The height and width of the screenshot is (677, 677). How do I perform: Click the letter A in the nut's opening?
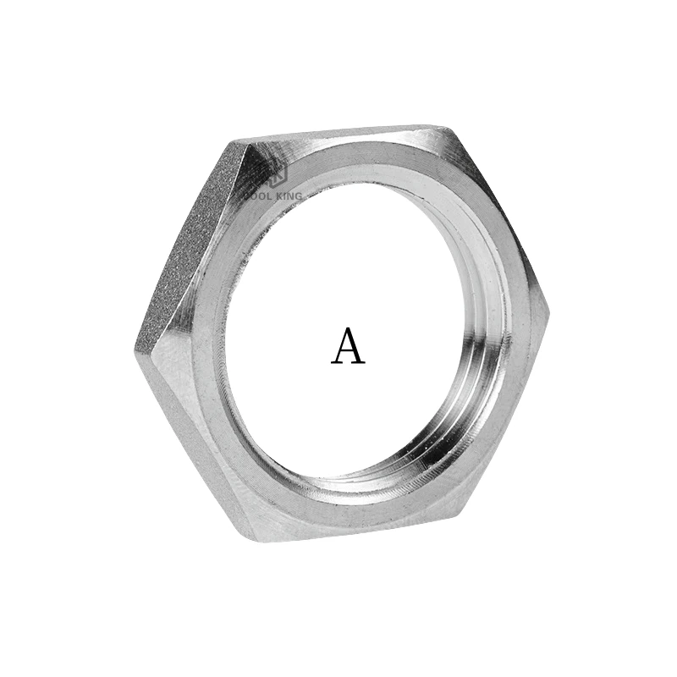pyautogui.click(x=348, y=346)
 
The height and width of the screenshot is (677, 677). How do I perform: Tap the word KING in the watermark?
pyautogui.click(x=287, y=196)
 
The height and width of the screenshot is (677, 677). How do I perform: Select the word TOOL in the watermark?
pyautogui.click(x=256, y=196)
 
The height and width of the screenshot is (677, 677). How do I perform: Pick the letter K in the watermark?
pyautogui.click(x=275, y=196)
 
